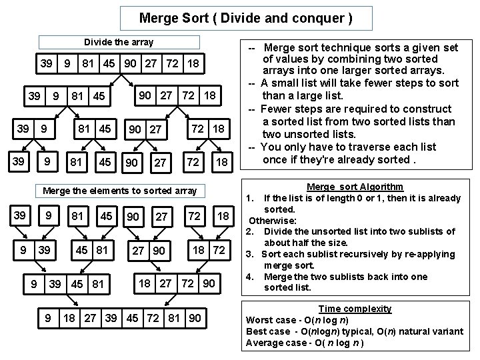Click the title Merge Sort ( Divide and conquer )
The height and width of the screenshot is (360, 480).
tap(246, 18)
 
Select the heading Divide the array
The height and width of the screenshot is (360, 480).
tap(119, 42)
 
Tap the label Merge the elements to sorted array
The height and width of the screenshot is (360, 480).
tap(119, 191)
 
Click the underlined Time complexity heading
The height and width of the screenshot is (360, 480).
tap(355, 309)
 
